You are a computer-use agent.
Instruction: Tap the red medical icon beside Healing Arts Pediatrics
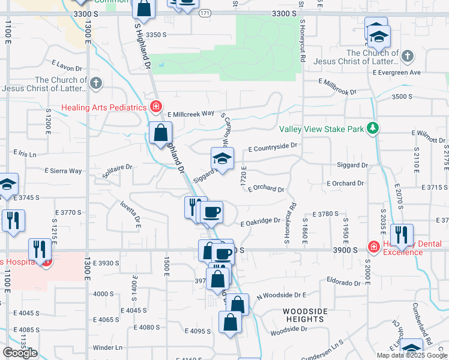click(156, 107)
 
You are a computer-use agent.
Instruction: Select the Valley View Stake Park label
click(322, 129)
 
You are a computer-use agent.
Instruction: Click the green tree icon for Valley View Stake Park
click(373, 128)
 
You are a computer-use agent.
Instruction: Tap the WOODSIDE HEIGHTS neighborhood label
click(306, 315)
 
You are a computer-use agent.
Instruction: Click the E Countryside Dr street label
click(273, 146)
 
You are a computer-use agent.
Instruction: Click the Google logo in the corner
click(20, 353)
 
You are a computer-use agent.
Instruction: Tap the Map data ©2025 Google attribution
click(412, 355)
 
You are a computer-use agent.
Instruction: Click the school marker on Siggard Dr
click(222, 160)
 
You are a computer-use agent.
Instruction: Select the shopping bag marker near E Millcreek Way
click(161, 134)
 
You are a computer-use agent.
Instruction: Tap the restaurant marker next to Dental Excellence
click(402, 235)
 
